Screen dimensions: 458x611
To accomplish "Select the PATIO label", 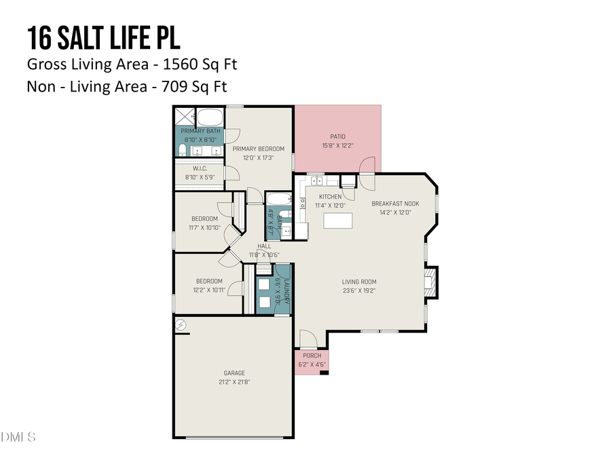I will (337, 136).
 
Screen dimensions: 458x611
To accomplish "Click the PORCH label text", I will (312, 356).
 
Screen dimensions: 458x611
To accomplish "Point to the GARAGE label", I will (234, 373).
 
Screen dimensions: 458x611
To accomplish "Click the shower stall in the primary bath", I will (185, 115).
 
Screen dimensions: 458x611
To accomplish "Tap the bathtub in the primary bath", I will (210, 115).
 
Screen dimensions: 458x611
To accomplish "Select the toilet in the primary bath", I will (183, 149).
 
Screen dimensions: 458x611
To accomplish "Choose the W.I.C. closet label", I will (199, 168).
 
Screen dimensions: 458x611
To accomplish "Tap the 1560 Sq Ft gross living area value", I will (203, 64).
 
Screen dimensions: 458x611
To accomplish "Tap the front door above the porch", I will (308, 339).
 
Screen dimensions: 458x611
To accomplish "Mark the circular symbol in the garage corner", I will (181, 326).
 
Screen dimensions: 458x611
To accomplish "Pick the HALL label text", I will (264, 246).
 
